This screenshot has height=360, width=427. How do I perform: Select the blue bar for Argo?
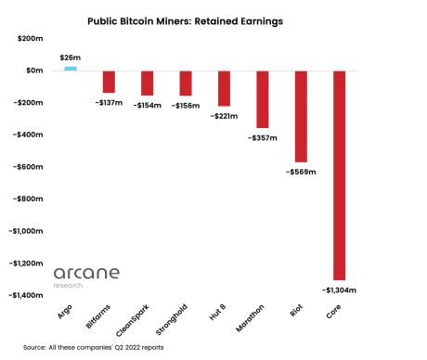point(71,68)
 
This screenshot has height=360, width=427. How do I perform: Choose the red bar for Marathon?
point(263,98)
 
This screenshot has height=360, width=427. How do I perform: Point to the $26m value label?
point(70,58)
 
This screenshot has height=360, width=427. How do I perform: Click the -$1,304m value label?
point(340,289)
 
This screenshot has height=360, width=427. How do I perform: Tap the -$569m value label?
point(301,172)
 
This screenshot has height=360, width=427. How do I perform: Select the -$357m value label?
point(263,137)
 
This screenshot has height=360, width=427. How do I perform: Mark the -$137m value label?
point(110,102)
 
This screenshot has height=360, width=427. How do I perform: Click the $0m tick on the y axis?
point(35,71)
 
